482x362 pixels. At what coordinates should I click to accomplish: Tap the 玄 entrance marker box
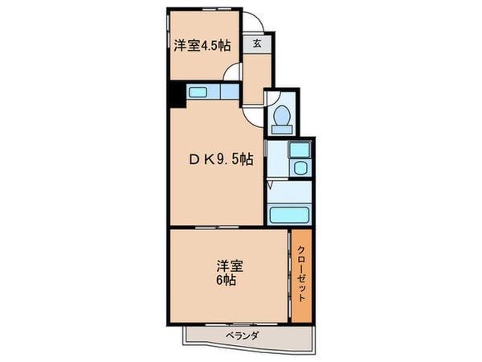(256, 44)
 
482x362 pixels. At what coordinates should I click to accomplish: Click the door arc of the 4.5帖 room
(233, 72)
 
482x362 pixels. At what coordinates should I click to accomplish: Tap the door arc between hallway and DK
(254, 113)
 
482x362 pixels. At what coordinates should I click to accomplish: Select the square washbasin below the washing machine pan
(299, 168)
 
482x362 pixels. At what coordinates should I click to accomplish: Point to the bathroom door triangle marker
(272, 186)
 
